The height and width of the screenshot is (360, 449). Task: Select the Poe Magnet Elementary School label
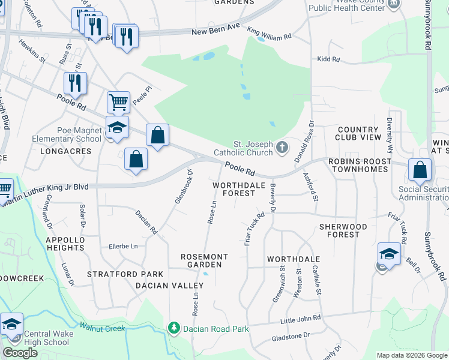[x=71, y=134]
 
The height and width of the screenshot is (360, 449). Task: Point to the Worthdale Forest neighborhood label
[x=240, y=189]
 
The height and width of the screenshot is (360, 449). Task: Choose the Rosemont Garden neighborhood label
[x=205, y=260]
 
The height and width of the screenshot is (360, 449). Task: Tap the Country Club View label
[x=359, y=133]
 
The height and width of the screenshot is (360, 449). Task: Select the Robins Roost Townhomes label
[x=367, y=166]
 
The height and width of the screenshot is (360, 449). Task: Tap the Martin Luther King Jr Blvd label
[x=48, y=188]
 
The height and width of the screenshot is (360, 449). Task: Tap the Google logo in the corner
[x=20, y=353]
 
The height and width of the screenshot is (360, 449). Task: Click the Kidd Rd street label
[x=328, y=60]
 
